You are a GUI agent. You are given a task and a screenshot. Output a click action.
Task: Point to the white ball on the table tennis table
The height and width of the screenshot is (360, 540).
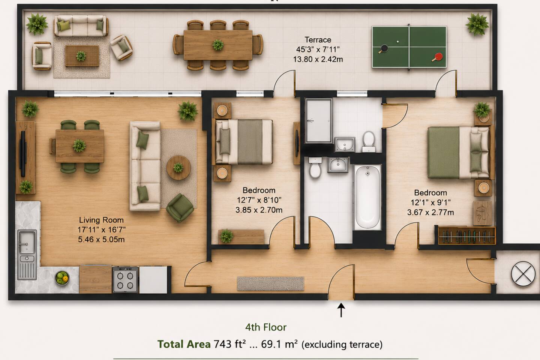coord(397,42)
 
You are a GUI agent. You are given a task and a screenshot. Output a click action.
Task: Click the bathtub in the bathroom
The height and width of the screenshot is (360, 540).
coord(367,197)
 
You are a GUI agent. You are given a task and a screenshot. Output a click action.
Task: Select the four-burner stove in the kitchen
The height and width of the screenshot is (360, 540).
coord(125,279)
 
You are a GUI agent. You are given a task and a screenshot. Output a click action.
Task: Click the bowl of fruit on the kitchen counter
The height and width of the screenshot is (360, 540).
coord(62,278)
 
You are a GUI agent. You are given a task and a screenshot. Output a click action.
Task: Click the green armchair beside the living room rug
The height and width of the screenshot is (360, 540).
coord(180,208)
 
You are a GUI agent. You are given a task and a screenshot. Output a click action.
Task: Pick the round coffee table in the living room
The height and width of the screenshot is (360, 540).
coord(178,168)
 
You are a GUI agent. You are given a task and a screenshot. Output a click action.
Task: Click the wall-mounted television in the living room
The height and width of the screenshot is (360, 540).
coord(23,154)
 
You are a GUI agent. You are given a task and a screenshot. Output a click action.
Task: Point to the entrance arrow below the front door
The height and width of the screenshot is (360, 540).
coord(341,310)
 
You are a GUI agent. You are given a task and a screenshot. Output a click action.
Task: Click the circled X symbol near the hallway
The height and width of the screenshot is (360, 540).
coord(523,274)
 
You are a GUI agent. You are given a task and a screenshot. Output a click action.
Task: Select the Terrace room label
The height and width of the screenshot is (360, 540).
coord(318,40)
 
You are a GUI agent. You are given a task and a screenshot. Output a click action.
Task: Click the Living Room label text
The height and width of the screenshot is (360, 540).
coord(101,220)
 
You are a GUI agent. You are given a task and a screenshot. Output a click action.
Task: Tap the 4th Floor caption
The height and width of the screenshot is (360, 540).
coord(265,327)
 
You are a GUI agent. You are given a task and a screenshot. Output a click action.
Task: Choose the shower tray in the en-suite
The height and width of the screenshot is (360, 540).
coord(319,121)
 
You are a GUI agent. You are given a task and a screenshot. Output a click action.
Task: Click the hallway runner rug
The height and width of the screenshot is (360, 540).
coord(270,283)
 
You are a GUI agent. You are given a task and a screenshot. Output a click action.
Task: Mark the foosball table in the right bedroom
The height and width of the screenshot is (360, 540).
coord(466,235)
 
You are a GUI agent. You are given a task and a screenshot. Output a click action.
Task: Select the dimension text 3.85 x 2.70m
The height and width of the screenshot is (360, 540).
coord(259,210)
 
